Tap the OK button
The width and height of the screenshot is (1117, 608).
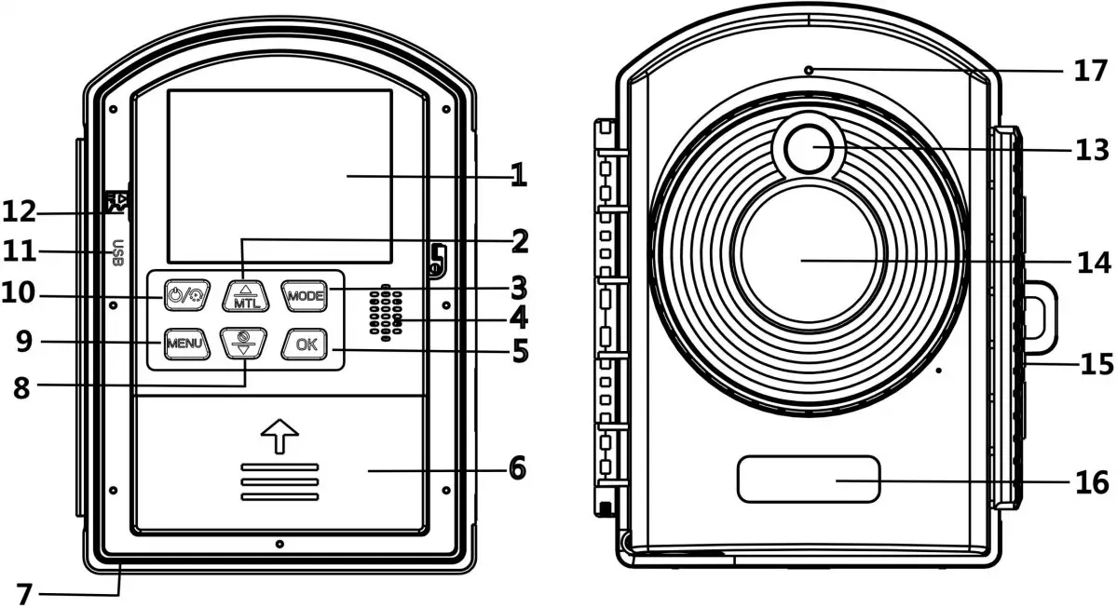pyautogui.click(x=305, y=344)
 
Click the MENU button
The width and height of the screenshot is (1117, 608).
pyautogui.click(x=184, y=344)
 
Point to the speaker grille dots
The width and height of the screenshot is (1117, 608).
pyautogui.click(x=386, y=312)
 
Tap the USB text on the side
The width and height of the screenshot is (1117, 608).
pyautogui.click(x=117, y=253)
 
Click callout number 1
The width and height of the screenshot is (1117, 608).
pyautogui.click(x=518, y=174)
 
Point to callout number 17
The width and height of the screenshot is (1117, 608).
pyautogui.click(x=1090, y=70)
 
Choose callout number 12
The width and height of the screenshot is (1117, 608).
pyautogui.click(x=20, y=212)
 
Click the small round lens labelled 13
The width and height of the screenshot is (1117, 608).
pyautogui.click(x=808, y=147)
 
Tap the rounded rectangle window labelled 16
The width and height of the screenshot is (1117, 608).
pyautogui.click(x=809, y=480)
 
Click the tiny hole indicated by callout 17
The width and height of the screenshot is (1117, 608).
pyautogui.click(x=810, y=69)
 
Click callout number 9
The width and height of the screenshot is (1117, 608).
pyautogui.click(x=23, y=343)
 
